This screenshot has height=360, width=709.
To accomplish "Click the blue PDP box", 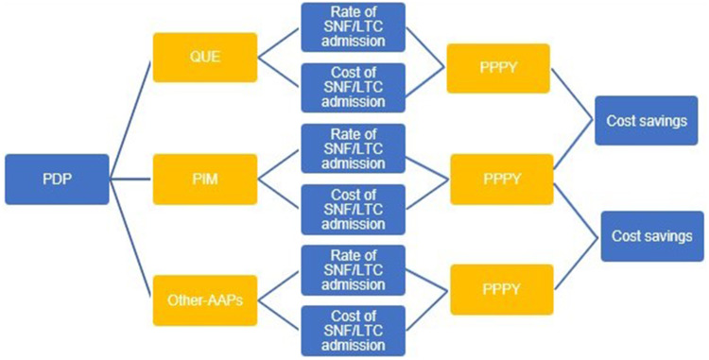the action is click(x=58, y=180).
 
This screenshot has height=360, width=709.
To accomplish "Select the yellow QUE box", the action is click(x=205, y=58).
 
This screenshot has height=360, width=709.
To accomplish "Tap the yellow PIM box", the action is click(x=205, y=180).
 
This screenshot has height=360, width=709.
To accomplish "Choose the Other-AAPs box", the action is click(x=205, y=300).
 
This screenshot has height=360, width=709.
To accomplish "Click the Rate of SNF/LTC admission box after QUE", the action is click(x=354, y=27).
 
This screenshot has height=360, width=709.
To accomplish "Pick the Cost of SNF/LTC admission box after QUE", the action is click(x=354, y=88).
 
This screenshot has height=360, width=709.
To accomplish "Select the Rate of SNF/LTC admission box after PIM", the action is click(x=354, y=148).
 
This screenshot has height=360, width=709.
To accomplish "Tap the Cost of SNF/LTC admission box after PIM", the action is click(x=354, y=210).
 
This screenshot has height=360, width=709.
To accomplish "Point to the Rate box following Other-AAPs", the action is click(x=354, y=270).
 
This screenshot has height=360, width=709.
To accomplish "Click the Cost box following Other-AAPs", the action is click(x=354, y=331).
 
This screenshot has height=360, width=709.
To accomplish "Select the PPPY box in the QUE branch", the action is click(x=498, y=69).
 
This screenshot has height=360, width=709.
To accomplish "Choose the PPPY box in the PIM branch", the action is click(x=501, y=180).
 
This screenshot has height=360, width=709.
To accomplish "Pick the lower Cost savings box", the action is click(x=652, y=236).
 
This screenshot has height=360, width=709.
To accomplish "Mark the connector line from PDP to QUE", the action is click(x=130, y=120).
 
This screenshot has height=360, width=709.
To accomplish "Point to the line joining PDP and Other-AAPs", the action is click(x=131, y=238).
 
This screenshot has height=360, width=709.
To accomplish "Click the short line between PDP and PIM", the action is click(x=130, y=180).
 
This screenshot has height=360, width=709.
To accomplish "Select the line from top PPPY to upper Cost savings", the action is click(x=573, y=94).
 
